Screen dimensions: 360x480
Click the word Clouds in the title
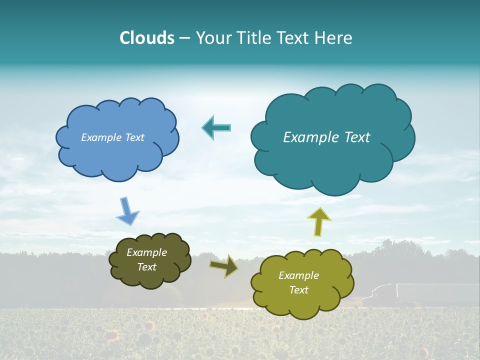pos(146,38)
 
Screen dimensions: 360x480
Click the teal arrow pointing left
pos(216,127)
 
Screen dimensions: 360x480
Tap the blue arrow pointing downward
pos(127,211)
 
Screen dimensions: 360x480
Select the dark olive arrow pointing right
pos(224,265)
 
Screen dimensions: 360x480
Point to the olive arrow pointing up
pos(318,221)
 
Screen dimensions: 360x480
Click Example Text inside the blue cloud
pos(112,137)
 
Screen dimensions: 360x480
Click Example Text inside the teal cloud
pos(326,137)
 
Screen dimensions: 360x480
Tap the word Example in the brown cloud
pos(146,252)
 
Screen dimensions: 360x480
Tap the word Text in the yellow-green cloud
pos(299,290)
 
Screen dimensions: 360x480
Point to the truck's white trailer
pos(435,294)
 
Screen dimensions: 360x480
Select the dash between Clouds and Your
pos(183,38)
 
